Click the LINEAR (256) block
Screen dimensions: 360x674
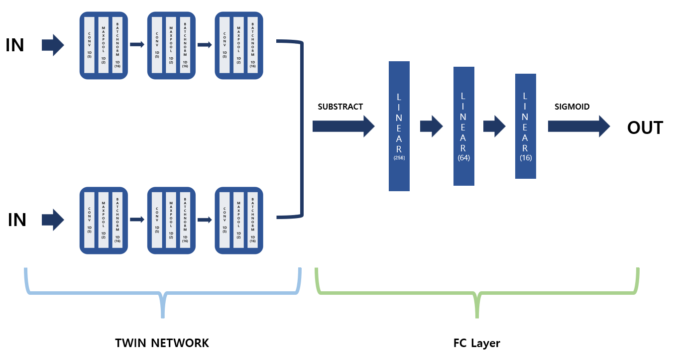pyautogui.click(x=399, y=126)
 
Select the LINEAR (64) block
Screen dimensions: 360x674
pyautogui.click(x=463, y=126)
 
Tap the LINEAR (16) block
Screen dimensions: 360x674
pyautogui.click(x=525, y=126)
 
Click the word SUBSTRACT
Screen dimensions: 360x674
pyautogui.click(x=340, y=107)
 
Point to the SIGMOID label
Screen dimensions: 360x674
pyautogui.click(x=571, y=107)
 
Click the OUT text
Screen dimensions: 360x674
pyautogui.click(x=645, y=128)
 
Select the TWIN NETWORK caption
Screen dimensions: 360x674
pyautogui.click(x=162, y=343)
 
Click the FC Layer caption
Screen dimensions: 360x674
pyautogui.click(x=476, y=343)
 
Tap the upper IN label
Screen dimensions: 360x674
pyautogui.click(x=15, y=45)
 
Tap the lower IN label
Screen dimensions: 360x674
pyautogui.click(x=17, y=220)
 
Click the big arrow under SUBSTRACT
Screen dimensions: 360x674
pyautogui.click(x=343, y=126)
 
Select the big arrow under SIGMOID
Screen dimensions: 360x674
pyautogui.click(x=578, y=126)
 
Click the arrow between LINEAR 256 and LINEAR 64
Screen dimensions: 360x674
pyautogui.click(x=431, y=126)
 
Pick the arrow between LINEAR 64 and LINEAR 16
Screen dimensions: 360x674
pyautogui.click(x=494, y=126)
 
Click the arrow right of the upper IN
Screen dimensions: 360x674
pyautogui.click(x=53, y=45)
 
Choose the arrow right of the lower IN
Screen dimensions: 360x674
pyautogui.click(x=53, y=220)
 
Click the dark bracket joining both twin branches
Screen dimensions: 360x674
pyautogui.click(x=302, y=129)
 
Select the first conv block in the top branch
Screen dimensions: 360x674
pyautogui.click(x=104, y=45)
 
